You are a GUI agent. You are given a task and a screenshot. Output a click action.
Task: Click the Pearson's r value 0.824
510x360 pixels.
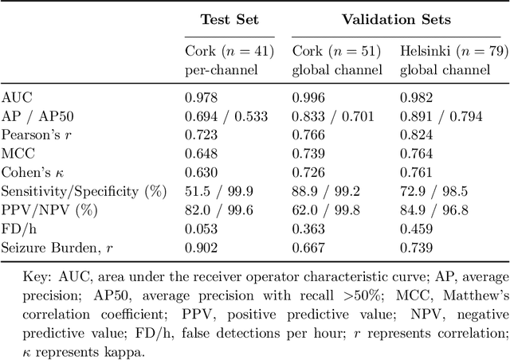click(415, 135)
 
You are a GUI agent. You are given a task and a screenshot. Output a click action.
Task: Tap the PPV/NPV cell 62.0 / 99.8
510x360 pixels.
click(324, 210)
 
